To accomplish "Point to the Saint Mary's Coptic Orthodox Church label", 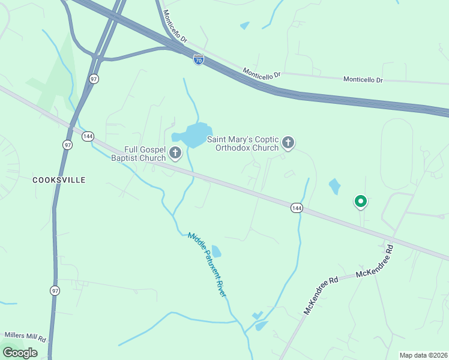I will click(x=243, y=143).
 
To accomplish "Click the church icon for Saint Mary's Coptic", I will click(x=288, y=142).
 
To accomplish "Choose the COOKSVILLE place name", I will click(x=59, y=179).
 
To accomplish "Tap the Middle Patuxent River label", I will click(x=208, y=264).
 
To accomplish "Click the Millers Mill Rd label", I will click(x=25, y=335).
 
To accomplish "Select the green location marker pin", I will click(x=360, y=202).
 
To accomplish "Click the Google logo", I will click(x=20, y=353).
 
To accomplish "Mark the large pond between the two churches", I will click(x=194, y=135).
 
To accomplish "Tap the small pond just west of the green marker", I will click(x=334, y=187).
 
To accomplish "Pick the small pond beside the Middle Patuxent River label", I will click(x=215, y=251).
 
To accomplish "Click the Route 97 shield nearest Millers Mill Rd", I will click(x=55, y=290).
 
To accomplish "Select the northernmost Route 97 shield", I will click(x=94, y=79).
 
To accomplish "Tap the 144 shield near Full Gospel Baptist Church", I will click(x=88, y=136).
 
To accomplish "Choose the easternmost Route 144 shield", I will click(x=296, y=208).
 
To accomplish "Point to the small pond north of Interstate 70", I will click(x=244, y=26).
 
